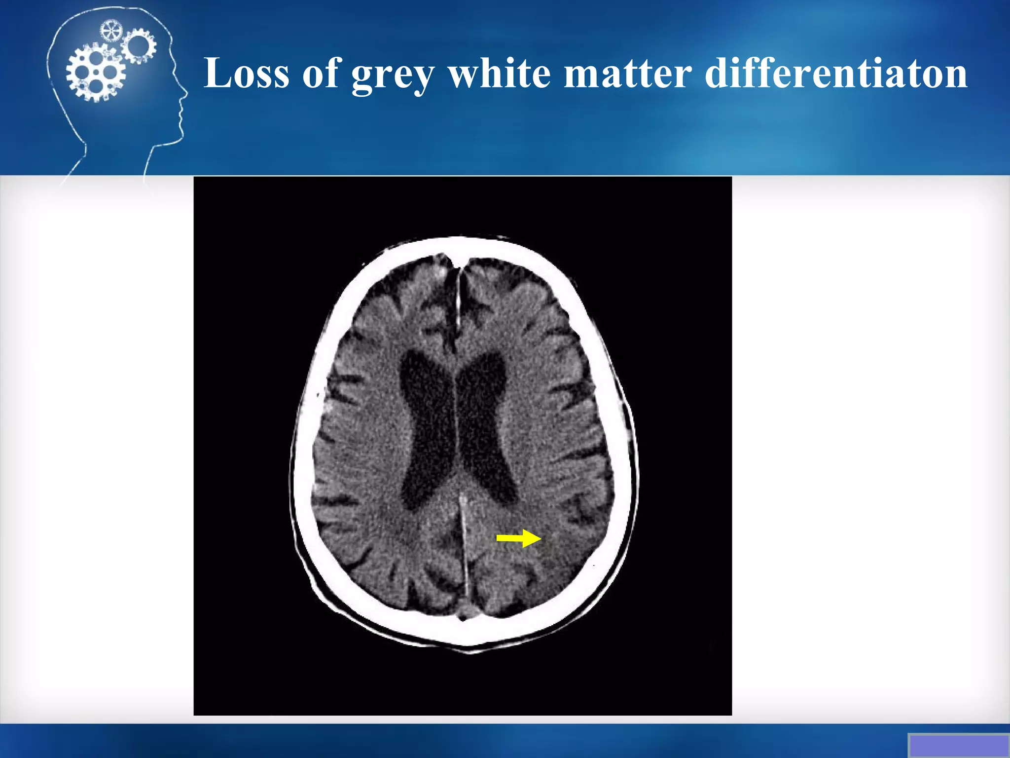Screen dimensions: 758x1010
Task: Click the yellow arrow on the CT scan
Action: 518,538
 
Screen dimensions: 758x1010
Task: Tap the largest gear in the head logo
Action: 95,73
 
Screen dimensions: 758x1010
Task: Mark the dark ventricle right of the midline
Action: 486,424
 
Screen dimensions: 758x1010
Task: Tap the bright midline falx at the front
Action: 458,296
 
